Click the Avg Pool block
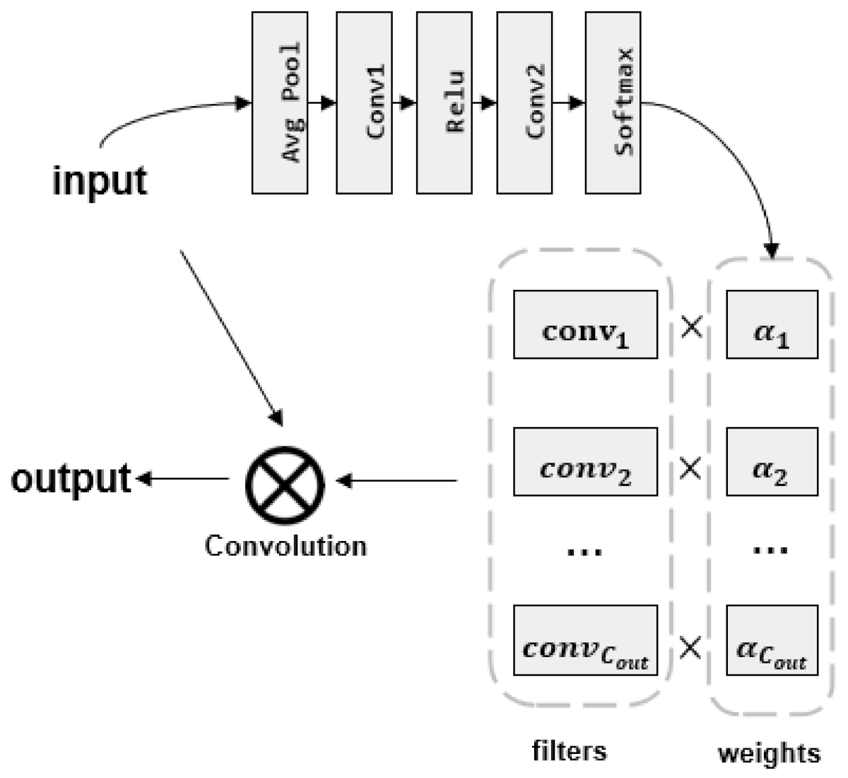point(280,103)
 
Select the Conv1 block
point(364,103)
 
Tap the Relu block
point(444,103)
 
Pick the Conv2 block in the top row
point(524,103)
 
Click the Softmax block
point(613,103)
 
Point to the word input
point(100,180)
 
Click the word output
point(71,479)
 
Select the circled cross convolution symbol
point(285,482)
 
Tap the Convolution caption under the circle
point(285,546)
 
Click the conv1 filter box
point(585,325)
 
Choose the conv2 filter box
point(585,461)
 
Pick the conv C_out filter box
point(585,639)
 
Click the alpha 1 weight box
point(772,325)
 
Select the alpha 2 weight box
point(772,461)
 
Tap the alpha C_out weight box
point(772,639)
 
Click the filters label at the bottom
point(569,750)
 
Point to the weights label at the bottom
point(770,753)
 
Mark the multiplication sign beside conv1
point(690,327)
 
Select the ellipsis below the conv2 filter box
point(585,550)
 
